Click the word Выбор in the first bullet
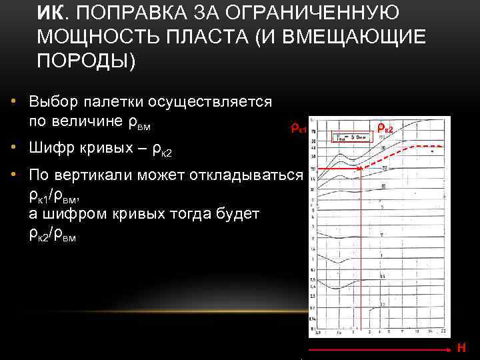[x=52, y=101]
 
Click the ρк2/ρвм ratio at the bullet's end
[x=53, y=233]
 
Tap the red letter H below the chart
[x=461, y=347]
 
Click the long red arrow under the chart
[x=380, y=348]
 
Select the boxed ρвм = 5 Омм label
[x=351, y=137]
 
